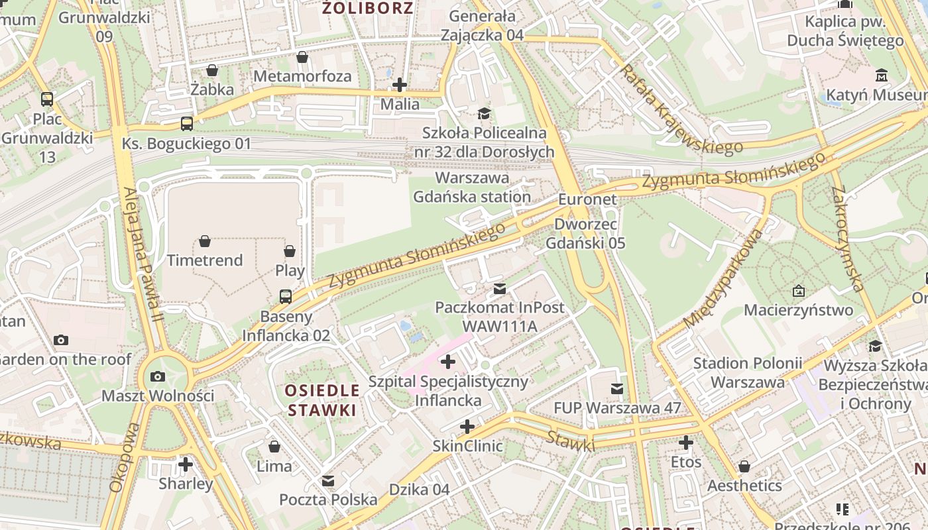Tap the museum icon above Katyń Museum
pos(882,75)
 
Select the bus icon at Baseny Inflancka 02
pos(286,296)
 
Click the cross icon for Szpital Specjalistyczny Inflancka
pos(449,362)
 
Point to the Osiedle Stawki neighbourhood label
pos(323,400)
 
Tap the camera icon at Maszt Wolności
pos(158,376)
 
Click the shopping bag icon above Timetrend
pos(205,240)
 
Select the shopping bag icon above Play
pos(290,251)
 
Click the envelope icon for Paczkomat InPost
pos(500,288)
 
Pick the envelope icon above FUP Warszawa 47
pos(617,388)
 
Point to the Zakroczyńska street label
pos(848,238)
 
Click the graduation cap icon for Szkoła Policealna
pos(485,113)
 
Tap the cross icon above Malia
pos(400,85)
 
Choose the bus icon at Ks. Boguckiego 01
pos(187,123)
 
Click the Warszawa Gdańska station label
pos(472,187)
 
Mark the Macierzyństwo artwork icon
pos(799,290)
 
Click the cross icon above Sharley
pos(186,464)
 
